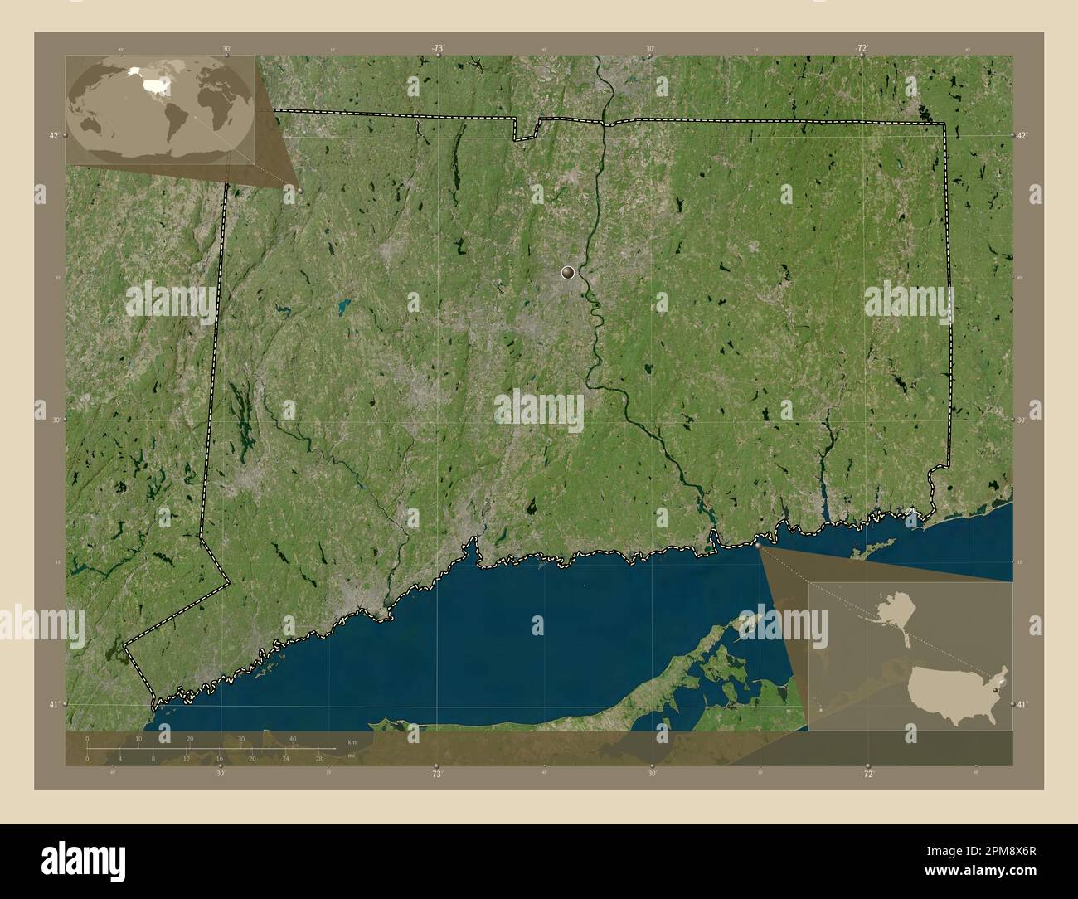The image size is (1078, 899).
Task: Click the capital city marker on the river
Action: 568,272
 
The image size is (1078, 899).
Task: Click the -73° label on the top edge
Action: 437,49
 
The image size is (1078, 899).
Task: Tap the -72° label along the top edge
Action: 862,49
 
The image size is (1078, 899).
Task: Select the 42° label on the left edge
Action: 53,135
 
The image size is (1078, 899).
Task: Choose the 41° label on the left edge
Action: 53,705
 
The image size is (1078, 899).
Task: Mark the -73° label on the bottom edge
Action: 435,774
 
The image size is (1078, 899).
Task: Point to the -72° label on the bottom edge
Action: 867,774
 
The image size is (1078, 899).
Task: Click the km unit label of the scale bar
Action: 352,742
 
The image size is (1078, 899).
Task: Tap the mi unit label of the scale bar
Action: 352,756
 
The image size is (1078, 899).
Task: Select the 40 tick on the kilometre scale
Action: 293,739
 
